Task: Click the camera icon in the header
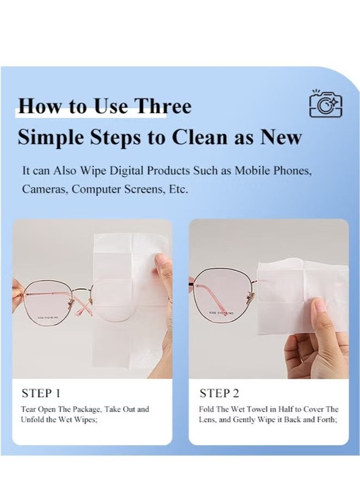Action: [x=326, y=104]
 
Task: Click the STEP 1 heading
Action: [x=41, y=393]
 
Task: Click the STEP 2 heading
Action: [x=219, y=393]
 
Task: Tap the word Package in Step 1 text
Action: [x=87, y=409]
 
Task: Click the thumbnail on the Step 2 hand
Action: [x=319, y=305]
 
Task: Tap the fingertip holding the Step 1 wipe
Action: [x=163, y=262]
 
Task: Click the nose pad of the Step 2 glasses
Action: [x=251, y=295]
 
